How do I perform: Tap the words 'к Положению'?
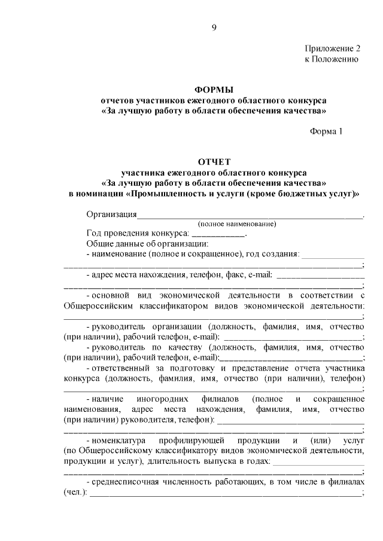click(332, 59)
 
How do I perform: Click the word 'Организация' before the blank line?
click(111, 215)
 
